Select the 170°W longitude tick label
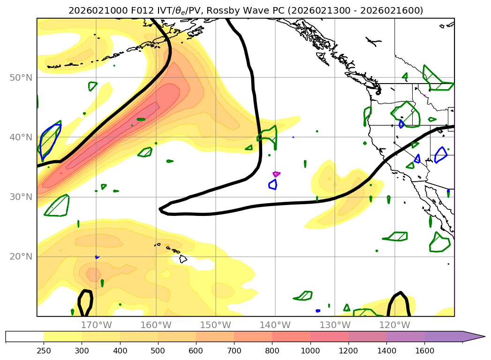pos(97,325)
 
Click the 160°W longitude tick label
pos(156,325)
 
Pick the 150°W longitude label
pos(216,325)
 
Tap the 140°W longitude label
pos(275,325)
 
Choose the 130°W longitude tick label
pos(335,325)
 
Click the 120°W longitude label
pos(394,325)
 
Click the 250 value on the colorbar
pos(44,350)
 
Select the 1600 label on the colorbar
pos(425,350)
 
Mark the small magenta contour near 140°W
pos(276,174)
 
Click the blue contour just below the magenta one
pos(272,184)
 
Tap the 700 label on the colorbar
pos(234,350)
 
